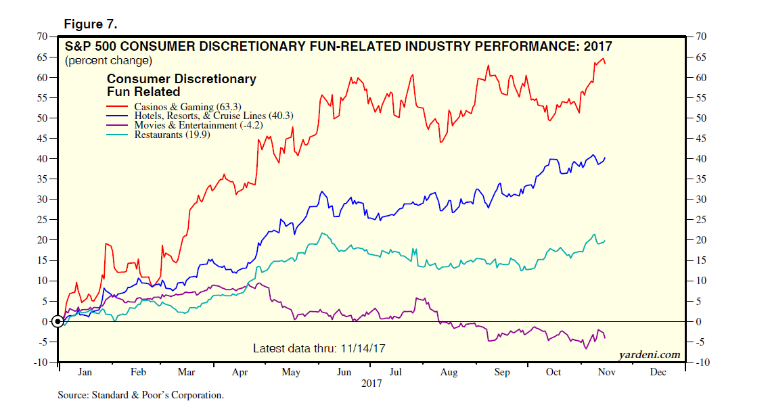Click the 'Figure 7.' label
point(90,24)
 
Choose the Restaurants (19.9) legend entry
point(171,135)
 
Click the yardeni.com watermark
point(648,354)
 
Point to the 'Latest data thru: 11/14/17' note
point(319,348)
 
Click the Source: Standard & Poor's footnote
point(140,395)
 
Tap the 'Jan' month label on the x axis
point(85,373)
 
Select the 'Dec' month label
point(658,373)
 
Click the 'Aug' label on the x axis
point(449,373)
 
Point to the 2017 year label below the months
point(371,383)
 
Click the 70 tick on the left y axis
point(41,36)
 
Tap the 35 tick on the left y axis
point(41,179)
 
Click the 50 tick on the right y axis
point(698,118)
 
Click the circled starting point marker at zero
point(59,321)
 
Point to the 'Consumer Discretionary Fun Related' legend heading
point(181,85)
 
